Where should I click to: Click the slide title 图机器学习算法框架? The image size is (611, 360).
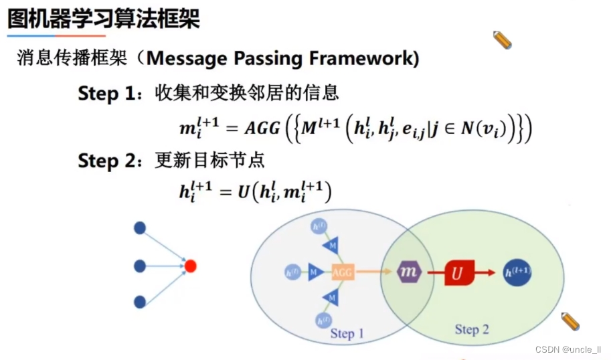(104, 18)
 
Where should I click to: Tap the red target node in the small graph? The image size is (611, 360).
(190, 266)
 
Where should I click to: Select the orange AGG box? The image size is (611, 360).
(341, 272)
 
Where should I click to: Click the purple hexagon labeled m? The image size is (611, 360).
(408, 272)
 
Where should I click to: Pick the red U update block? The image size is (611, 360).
(458, 272)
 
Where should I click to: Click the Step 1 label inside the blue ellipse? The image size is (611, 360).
(347, 333)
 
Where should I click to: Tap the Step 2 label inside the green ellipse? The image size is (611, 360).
(472, 329)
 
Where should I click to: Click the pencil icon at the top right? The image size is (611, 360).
(502, 40)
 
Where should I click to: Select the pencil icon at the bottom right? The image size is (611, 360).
(570, 321)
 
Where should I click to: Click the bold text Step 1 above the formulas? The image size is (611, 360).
(106, 93)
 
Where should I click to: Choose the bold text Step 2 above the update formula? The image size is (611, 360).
(106, 161)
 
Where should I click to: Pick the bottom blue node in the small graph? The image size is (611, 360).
(140, 302)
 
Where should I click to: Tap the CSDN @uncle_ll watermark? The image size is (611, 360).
(572, 350)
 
